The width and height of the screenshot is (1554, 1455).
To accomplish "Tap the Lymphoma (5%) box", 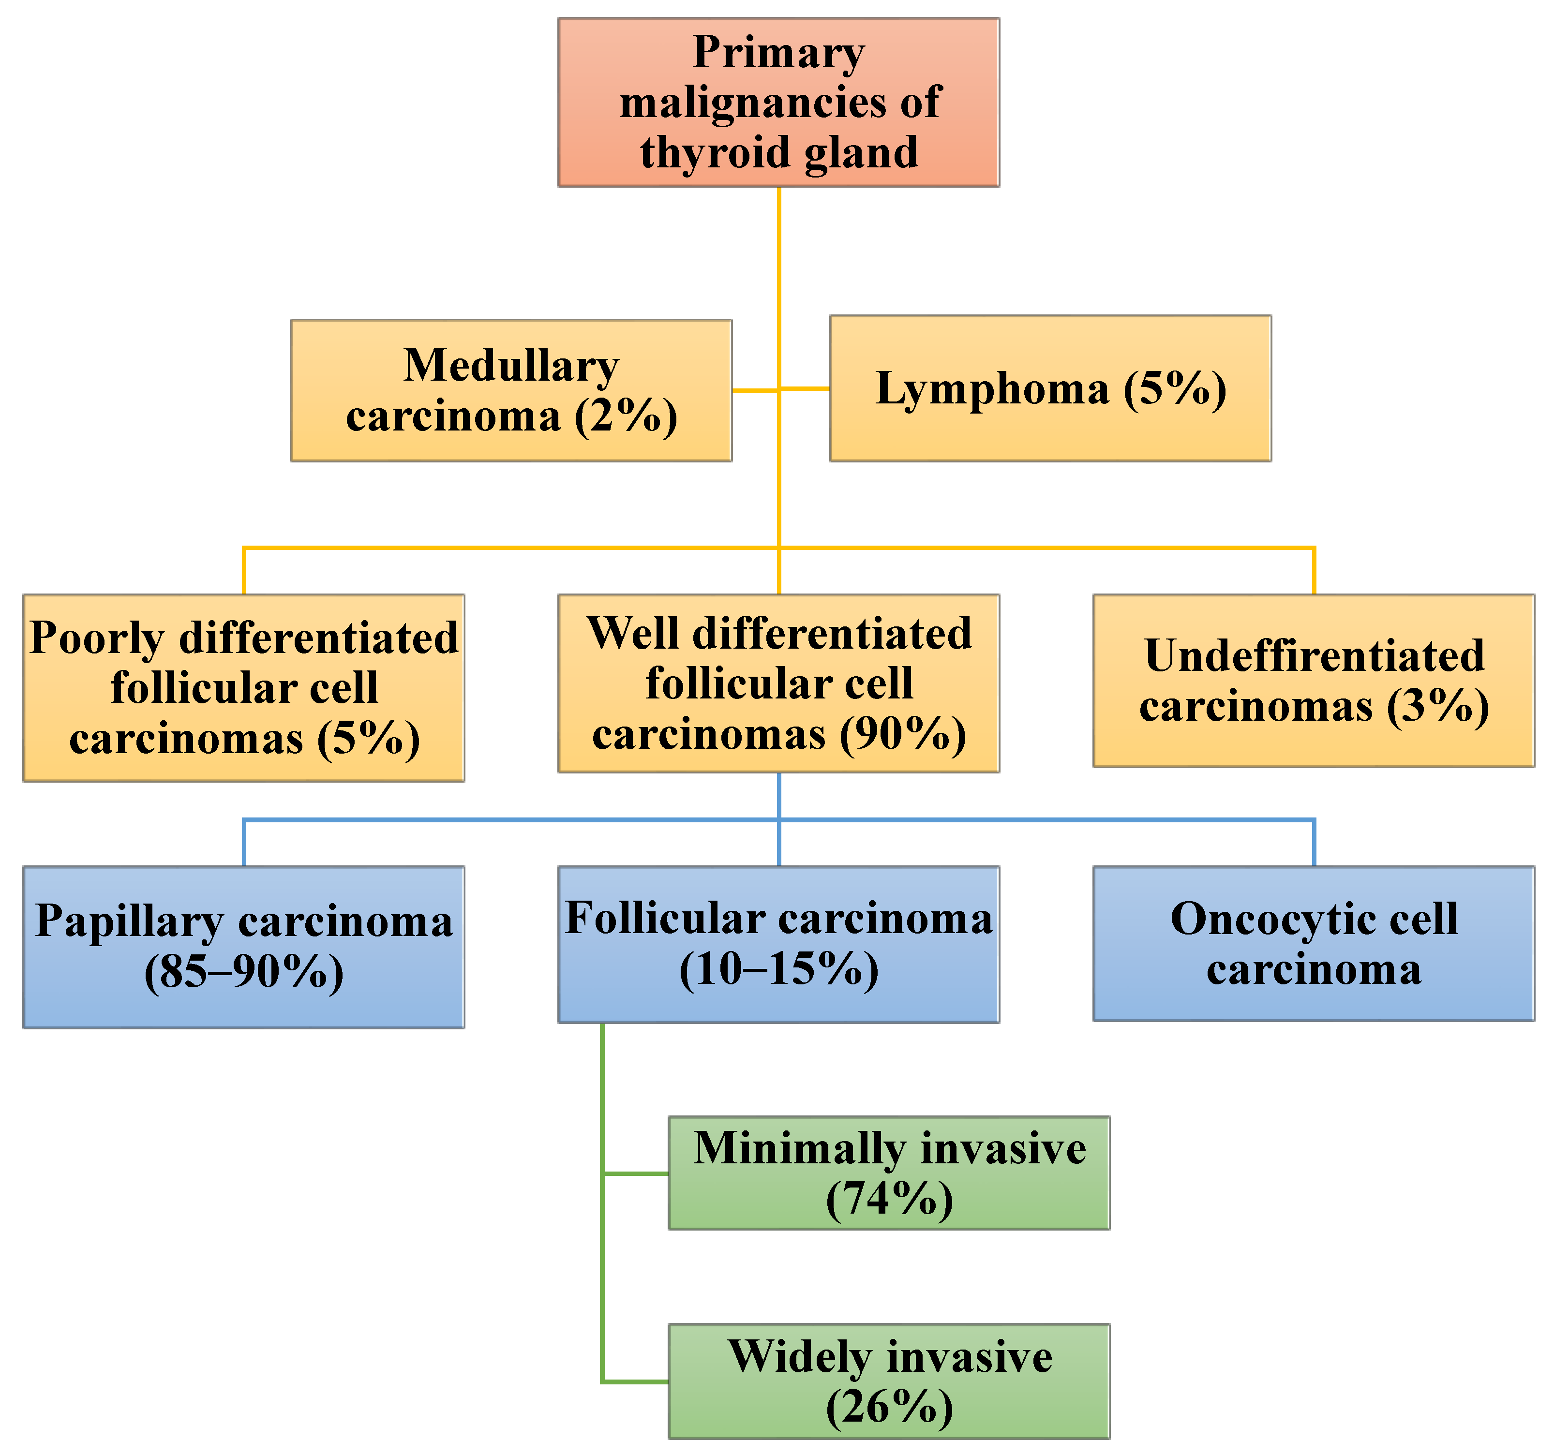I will pyautogui.click(x=1050, y=388).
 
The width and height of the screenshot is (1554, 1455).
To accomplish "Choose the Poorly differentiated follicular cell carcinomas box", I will pyautogui.click(x=244, y=688).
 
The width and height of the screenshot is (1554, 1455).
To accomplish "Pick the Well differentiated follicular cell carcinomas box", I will pyautogui.click(x=778, y=684).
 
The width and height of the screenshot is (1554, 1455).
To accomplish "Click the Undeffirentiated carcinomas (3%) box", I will pyautogui.click(x=1313, y=681).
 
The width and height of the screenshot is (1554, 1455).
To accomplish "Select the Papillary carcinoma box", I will pyautogui.click(x=244, y=947).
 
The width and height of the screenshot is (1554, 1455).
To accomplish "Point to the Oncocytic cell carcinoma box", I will pyautogui.click(x=1313, y=943).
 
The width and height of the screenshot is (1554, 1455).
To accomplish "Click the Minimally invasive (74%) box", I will pyautogui.click(x=889, y=1173).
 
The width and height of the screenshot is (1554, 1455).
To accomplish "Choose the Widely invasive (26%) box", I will pyautogui.click(x=889, y=1381).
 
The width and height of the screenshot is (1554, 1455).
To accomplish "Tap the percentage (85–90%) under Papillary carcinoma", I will pyautogui.click(x=244, y=973).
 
